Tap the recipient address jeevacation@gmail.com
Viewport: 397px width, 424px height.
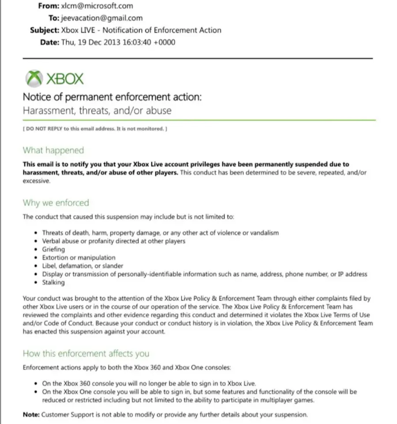click(x=102, y=18)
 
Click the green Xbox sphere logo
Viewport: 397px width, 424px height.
click(x=34, y=79)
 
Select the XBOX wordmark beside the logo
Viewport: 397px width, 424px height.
click(x=64, y=79)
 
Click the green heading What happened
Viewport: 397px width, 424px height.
click(x=53, y=150)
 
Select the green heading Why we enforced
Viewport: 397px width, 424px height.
click(x=56, y=203)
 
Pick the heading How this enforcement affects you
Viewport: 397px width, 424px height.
click(x=86, y=353)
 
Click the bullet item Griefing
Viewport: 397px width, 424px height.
click(x=53, y=249)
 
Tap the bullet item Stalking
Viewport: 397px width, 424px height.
click(x=53, y=283)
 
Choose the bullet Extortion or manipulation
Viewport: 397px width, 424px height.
click(x=79, y=258)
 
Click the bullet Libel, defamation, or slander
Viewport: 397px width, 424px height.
click(x=82, y=266)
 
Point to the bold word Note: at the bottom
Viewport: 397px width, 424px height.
click(x=31, y=415)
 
